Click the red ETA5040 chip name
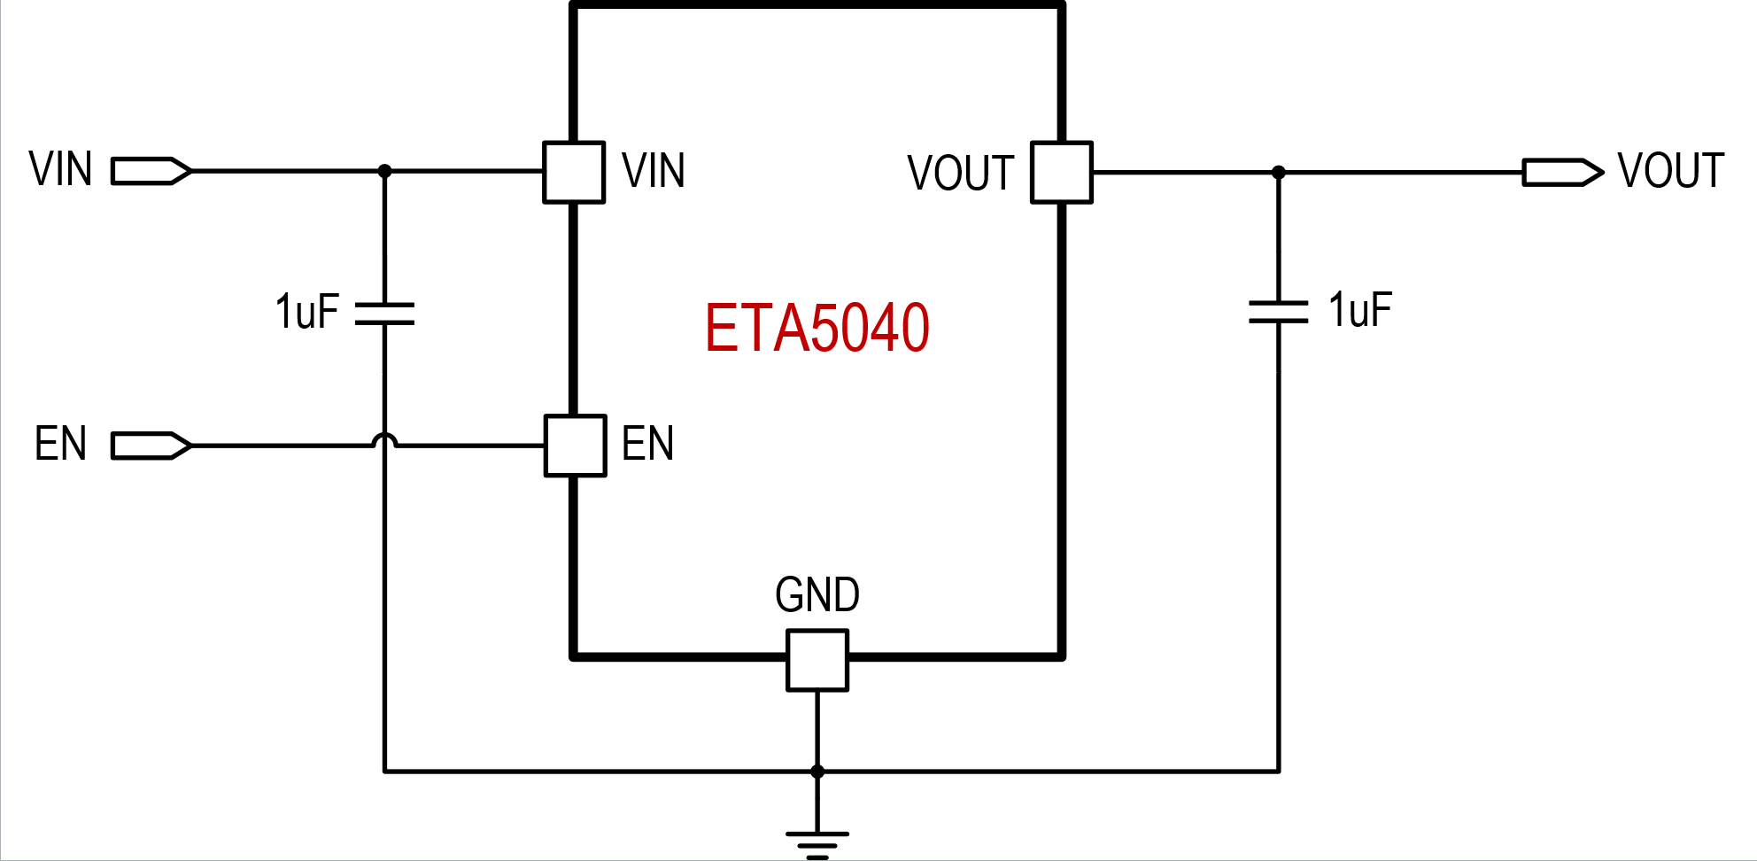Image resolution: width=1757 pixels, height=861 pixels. [817, 328]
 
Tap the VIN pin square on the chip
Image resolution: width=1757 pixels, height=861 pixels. [574, 172]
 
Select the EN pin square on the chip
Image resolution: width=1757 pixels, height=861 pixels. [575, 446]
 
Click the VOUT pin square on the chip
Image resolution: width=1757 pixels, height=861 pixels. [1062, 173]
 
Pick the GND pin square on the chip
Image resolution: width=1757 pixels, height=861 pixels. [817, 660]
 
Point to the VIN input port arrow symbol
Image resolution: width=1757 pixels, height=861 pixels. [151, 171]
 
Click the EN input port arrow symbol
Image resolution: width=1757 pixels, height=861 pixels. [151, 446]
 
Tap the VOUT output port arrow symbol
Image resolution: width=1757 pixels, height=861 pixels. [1563, 172]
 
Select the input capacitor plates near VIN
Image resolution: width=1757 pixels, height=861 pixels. [384, 314]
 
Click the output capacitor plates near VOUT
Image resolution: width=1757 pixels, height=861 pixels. [1278, 312]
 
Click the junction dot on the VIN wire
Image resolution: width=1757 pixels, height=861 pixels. [384, 171]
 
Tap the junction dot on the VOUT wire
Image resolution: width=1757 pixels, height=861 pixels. [1278, 173]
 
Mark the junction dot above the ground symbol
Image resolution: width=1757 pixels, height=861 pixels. [817, 772]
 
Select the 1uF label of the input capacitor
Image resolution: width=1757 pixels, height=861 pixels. [307, 312]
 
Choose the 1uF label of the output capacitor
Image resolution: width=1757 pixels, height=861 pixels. [1360, 310]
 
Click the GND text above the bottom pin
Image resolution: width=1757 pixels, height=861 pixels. [817, 595]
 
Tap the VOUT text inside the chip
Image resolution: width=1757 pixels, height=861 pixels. [961, 173]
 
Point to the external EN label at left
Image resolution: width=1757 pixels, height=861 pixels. [60, 444]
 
